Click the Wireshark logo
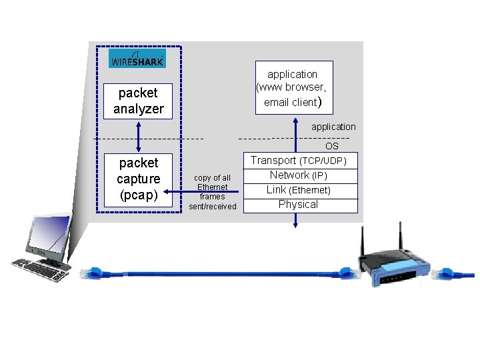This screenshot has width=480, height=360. coord(137,59)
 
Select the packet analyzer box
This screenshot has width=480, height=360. coord(138,101)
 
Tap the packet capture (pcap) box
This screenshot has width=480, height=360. coord(138,179)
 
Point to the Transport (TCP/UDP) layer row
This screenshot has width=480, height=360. coord(298,161)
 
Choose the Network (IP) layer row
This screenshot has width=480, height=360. coord(298,175)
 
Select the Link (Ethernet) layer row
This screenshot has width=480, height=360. coord(298,190)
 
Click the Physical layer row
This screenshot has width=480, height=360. coord(298,205)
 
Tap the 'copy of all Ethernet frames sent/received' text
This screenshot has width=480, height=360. coord(212,192)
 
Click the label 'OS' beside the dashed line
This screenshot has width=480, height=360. coord(331,146)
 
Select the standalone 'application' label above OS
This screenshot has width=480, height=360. coord(333,127)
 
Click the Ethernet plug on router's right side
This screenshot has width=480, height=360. coord(443,274)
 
